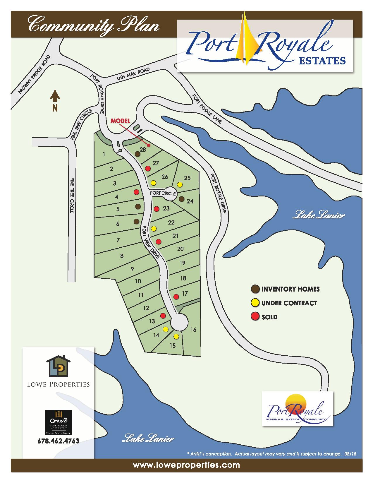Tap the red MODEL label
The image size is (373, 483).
pos(120,121)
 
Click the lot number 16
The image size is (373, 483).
pos(193,330)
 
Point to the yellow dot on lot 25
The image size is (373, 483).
pos(180,184)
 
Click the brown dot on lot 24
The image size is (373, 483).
pos(181,199)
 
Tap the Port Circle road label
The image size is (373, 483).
pos(163,193)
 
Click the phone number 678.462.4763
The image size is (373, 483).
pos(59,441)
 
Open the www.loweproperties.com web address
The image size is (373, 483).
pos(186,465)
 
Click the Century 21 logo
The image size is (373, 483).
pos(59,422)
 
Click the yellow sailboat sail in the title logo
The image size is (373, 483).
pos(247,38)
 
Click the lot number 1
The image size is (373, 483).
pos(104,154)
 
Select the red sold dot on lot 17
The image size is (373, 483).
pos(176,297)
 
